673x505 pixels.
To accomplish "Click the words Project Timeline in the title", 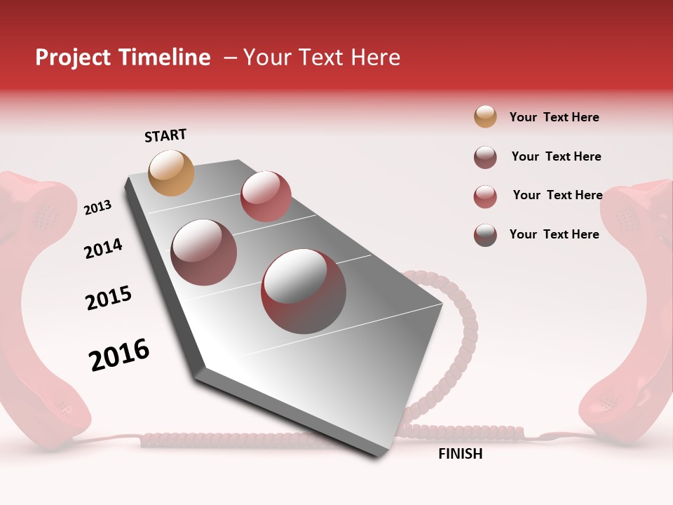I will pos(123,58).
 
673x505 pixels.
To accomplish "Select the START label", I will pos(165,135).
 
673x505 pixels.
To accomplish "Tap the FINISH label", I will pos(460,454).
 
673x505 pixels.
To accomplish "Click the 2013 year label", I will pos(97,208).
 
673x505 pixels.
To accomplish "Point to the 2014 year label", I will pos(103,249).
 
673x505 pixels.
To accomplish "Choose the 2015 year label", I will pos(109,297).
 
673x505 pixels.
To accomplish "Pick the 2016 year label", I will pos(119,355).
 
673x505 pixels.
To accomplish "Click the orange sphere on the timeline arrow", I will pos(171,173).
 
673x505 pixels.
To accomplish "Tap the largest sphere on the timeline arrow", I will pos(304,291).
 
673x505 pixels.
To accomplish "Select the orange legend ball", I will pos(485,117).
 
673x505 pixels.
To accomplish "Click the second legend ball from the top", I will pos(485,157).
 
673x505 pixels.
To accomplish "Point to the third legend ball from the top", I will pos(485,196).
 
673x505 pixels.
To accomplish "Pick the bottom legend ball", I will pos(485,235).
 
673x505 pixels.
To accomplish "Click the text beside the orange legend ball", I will pos(554,117).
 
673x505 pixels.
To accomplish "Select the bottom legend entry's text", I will pos(554,234).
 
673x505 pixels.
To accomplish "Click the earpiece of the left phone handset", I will pos(42,210).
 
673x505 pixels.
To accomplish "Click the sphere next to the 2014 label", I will pos(204,252).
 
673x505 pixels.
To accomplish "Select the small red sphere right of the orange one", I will pos(266,196).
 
